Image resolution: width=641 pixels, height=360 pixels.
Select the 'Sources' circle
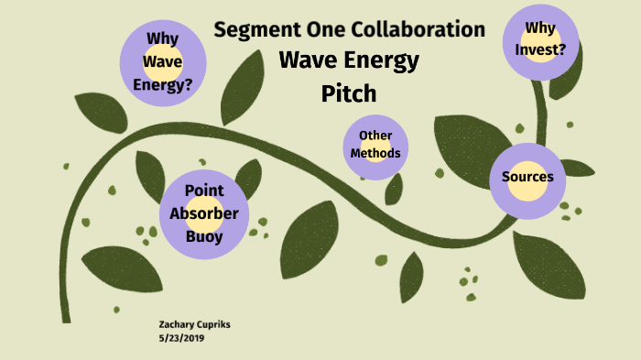pos(527,178)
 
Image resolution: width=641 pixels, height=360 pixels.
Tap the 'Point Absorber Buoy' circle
pos(204,213)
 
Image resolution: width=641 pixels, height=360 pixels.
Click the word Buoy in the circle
pos(204,235)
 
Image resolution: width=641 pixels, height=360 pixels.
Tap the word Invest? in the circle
pos(540,51)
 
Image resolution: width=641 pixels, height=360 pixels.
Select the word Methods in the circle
pos(375,153)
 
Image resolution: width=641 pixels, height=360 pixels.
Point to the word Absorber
pos(204,213)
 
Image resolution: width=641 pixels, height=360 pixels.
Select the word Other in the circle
pos(375,136)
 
